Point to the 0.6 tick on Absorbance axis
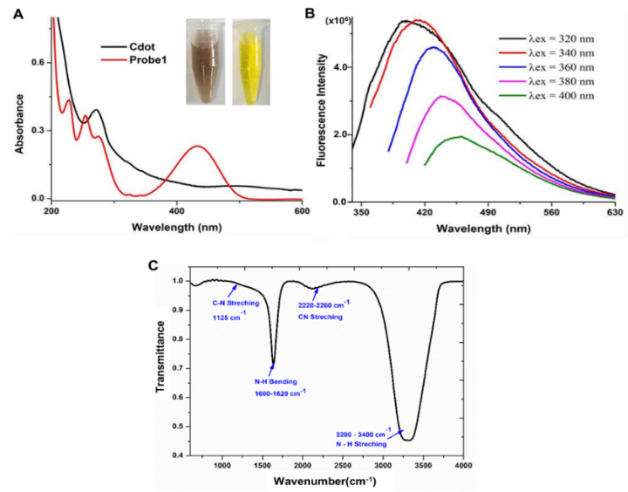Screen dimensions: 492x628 point(38,63)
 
